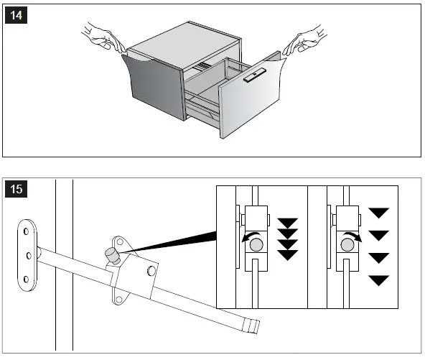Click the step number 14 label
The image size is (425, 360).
16,15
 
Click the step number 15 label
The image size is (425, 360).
16,189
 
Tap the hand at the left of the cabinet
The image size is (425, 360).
103,38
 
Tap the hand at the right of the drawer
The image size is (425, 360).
305,40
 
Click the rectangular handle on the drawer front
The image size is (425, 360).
255,75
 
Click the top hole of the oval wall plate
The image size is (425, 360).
26,231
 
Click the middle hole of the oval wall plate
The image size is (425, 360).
29,255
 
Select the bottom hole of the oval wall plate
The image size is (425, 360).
26,279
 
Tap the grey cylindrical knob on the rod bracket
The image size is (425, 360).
112,256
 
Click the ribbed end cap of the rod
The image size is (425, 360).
251,325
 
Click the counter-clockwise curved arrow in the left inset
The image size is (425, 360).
251,236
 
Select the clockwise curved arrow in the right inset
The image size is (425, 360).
352,236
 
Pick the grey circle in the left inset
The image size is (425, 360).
256,244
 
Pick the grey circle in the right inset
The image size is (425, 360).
347,244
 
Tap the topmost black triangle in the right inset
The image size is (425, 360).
378,213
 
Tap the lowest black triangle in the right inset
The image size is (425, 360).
378,280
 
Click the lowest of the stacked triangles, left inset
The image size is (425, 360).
288,255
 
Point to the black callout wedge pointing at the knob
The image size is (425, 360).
168,242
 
